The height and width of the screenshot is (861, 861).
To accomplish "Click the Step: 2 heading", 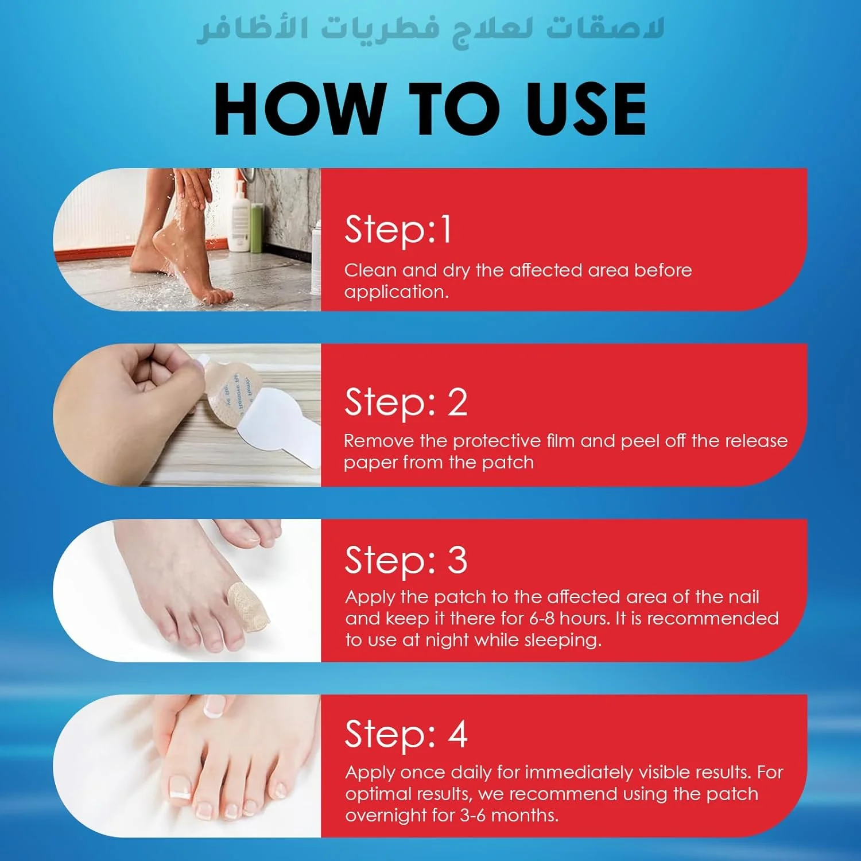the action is point(406,402).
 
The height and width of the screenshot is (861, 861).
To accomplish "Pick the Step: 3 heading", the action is point(406,560).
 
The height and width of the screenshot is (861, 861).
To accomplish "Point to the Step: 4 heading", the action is point(406,735).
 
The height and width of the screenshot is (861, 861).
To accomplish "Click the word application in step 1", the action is point(396,292).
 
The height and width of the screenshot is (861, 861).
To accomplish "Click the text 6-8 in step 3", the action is point(542,618).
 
